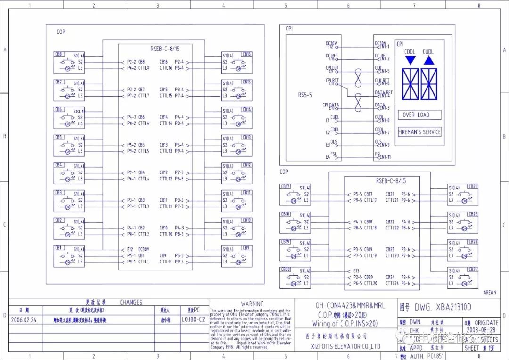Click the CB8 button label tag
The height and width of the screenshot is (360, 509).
(59, 54)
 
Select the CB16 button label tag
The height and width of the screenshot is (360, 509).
(247, 54)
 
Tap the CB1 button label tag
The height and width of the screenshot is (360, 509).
(59, 247)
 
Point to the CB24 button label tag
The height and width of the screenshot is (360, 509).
(473, 269)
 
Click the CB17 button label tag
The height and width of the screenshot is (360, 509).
(286, 187)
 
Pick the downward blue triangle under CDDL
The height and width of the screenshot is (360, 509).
(410, 60)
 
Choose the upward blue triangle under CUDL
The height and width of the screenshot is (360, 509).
(428, 60)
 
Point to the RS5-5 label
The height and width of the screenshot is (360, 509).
(305, 95)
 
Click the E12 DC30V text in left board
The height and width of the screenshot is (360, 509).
(139, 249)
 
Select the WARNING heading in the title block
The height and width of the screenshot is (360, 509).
(252, 304)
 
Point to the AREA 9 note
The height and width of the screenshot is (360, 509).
(490, 293)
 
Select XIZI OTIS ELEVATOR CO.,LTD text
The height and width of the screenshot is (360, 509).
(339, 346)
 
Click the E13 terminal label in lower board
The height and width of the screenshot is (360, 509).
(356, 271)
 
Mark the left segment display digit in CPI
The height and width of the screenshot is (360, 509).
(410, 84)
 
